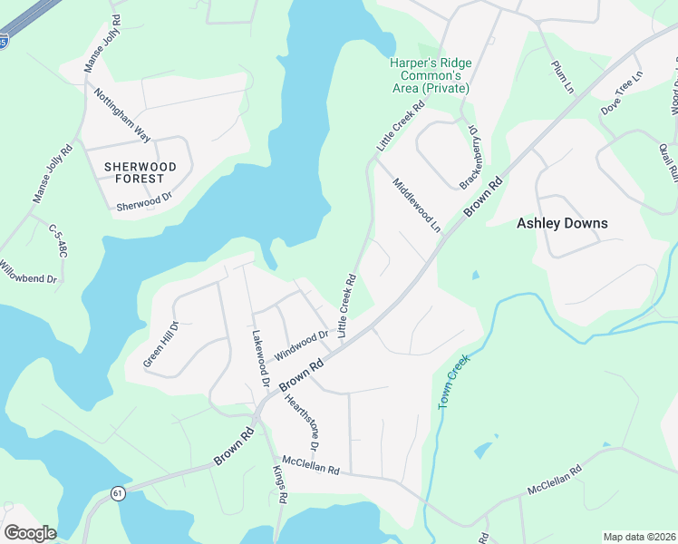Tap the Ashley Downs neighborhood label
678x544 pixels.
click(562, 223)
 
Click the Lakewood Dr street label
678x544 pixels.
click(260, 359)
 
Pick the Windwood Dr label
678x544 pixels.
click(302, 344)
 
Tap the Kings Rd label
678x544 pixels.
click(280, 485)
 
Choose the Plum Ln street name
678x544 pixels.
click(563, 77)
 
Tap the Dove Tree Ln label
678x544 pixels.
click(622, 92)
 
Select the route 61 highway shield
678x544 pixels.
click(118, 493)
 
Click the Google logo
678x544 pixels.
click(30, 533)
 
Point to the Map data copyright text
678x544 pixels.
click(640, 537)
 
